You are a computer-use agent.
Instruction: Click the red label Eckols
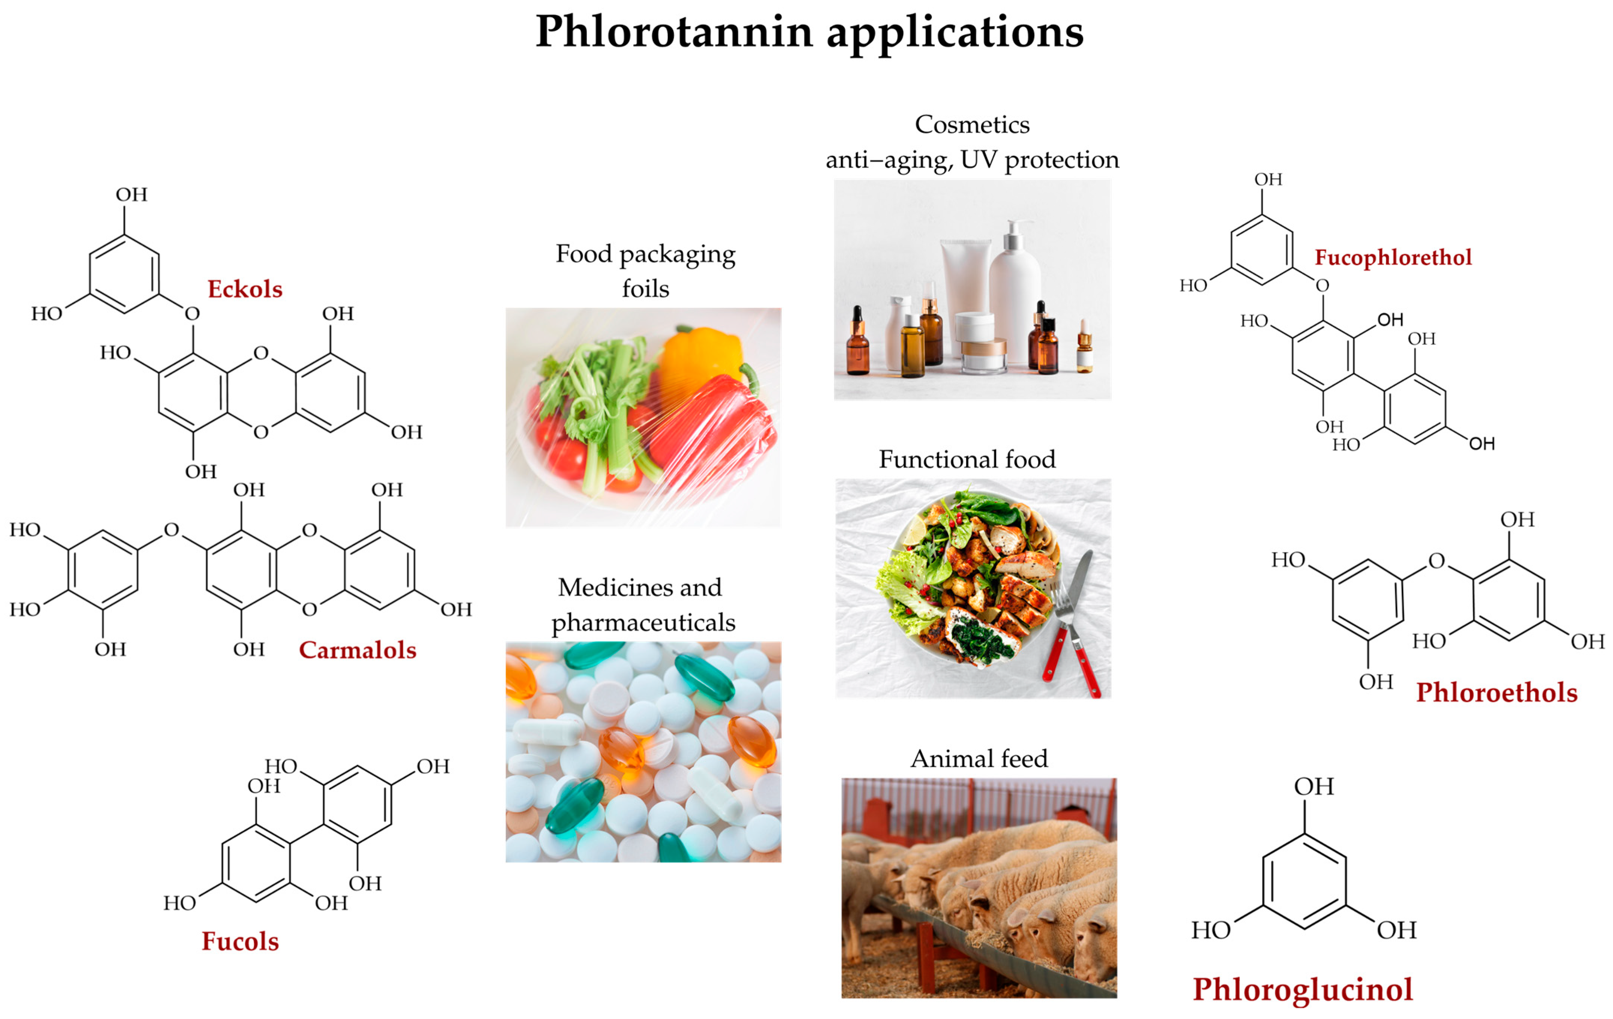tap(244, 289)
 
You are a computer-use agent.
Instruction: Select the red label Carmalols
tap(357, 650)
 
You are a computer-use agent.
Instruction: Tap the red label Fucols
tap(240, 941)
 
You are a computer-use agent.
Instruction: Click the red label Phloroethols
tap(1496, 693)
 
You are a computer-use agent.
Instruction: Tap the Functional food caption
tap(967, 459)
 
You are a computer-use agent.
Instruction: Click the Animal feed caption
tap(979, 759)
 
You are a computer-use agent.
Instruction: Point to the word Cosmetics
tap(972, 125)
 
